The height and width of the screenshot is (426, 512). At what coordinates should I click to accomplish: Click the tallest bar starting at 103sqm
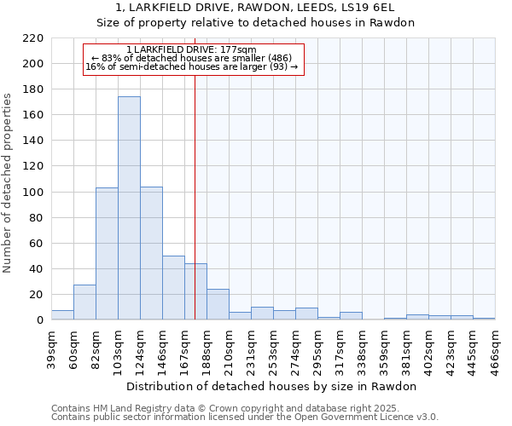click(129, 209)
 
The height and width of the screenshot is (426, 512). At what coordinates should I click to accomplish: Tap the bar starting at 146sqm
click(173, 288)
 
